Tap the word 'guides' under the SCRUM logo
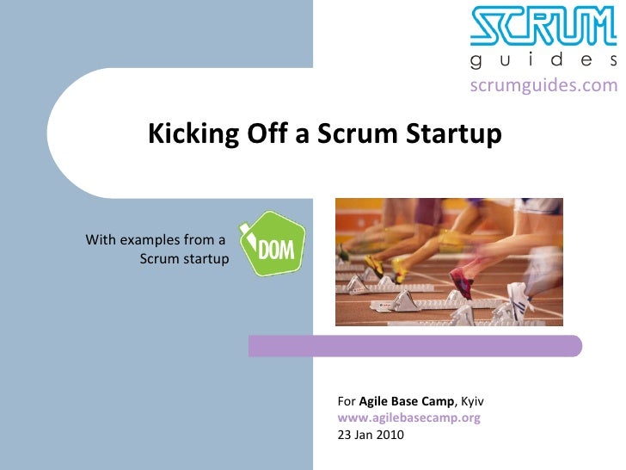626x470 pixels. [x=543, y=60]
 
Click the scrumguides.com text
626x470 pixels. [x=543, y=84]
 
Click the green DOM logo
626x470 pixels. [x=272, y=244]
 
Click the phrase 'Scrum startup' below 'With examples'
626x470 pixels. [x=183, y=258]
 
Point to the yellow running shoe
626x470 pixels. [x=378, y=263]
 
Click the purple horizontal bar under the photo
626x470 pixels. [x=415, y=346]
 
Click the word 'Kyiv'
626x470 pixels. [x=474, y=402]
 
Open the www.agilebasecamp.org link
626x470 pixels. [x=408, y=417]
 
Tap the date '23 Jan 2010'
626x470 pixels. [x=370, y=434]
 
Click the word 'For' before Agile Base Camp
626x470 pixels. [x=346, y=402]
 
